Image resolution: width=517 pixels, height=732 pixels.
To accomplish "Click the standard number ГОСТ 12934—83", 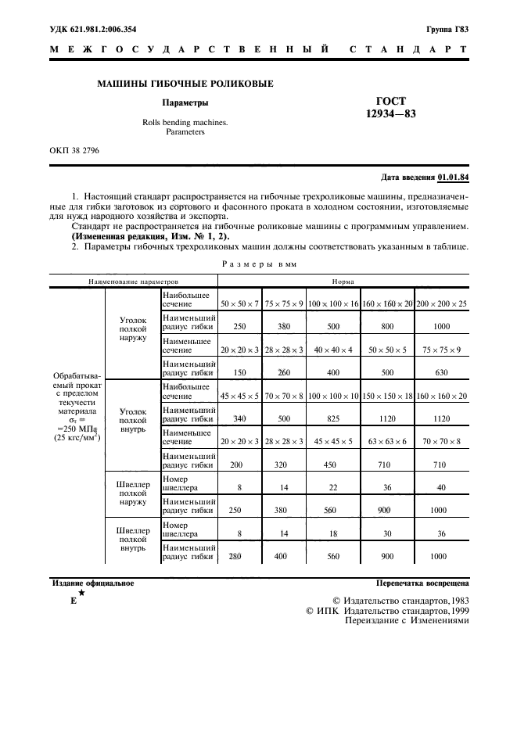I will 390,107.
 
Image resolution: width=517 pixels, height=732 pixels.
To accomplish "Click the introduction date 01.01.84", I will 453,177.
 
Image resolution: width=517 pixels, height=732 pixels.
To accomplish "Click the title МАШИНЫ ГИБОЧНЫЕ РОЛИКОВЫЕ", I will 185,84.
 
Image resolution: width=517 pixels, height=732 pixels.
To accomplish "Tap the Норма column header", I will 344,279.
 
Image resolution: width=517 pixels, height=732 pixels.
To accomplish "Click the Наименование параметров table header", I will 134,279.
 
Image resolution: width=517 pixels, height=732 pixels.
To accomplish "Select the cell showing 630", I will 441,372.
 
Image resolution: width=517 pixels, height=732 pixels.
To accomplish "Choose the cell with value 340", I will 240,418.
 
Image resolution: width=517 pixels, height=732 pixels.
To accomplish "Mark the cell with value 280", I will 240,556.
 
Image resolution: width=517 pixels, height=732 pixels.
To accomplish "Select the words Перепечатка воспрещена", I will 422,583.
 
